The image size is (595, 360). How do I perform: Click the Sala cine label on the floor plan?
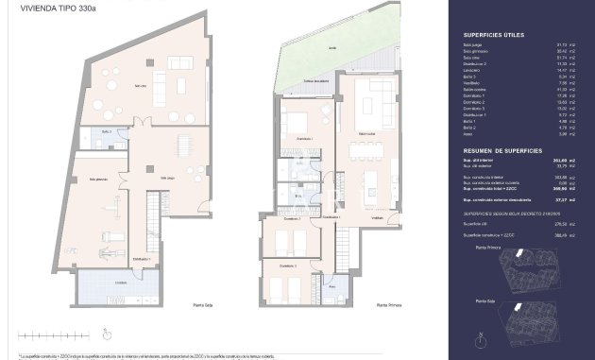pos(140,87)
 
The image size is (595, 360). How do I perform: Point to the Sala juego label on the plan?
pos(167,177)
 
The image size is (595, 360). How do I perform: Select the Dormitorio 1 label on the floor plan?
pos(303,139)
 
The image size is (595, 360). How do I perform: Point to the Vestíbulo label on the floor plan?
pos(376,216)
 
